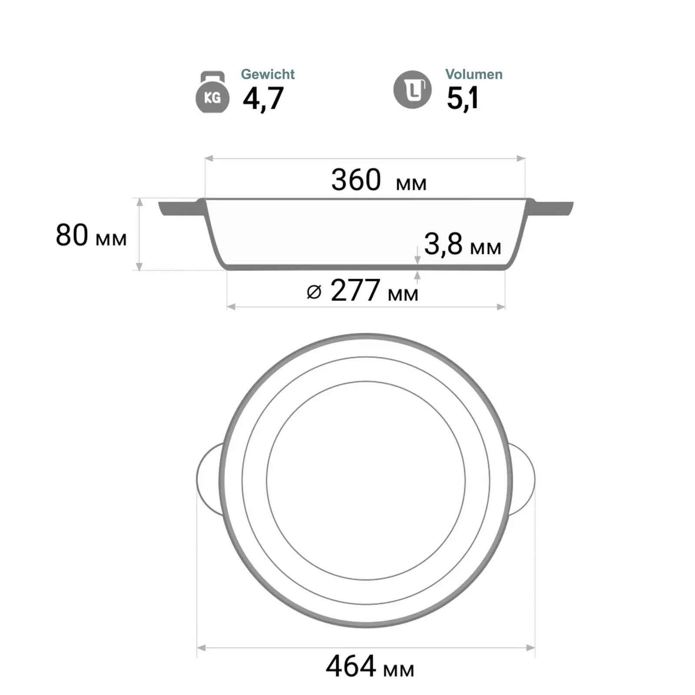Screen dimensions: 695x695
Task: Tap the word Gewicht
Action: click(x=268, y=74)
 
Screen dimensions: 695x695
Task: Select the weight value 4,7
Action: click(x=263, y=99)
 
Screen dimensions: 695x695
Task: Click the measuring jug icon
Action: click(x=412, y=89)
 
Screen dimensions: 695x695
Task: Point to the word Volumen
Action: click(x=473, y=74)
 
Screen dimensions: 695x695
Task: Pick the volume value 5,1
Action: click(x=463, y=99)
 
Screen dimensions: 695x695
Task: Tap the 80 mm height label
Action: click(x=91, y=235)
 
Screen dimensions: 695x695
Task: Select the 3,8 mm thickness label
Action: click(x=463, y=244)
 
